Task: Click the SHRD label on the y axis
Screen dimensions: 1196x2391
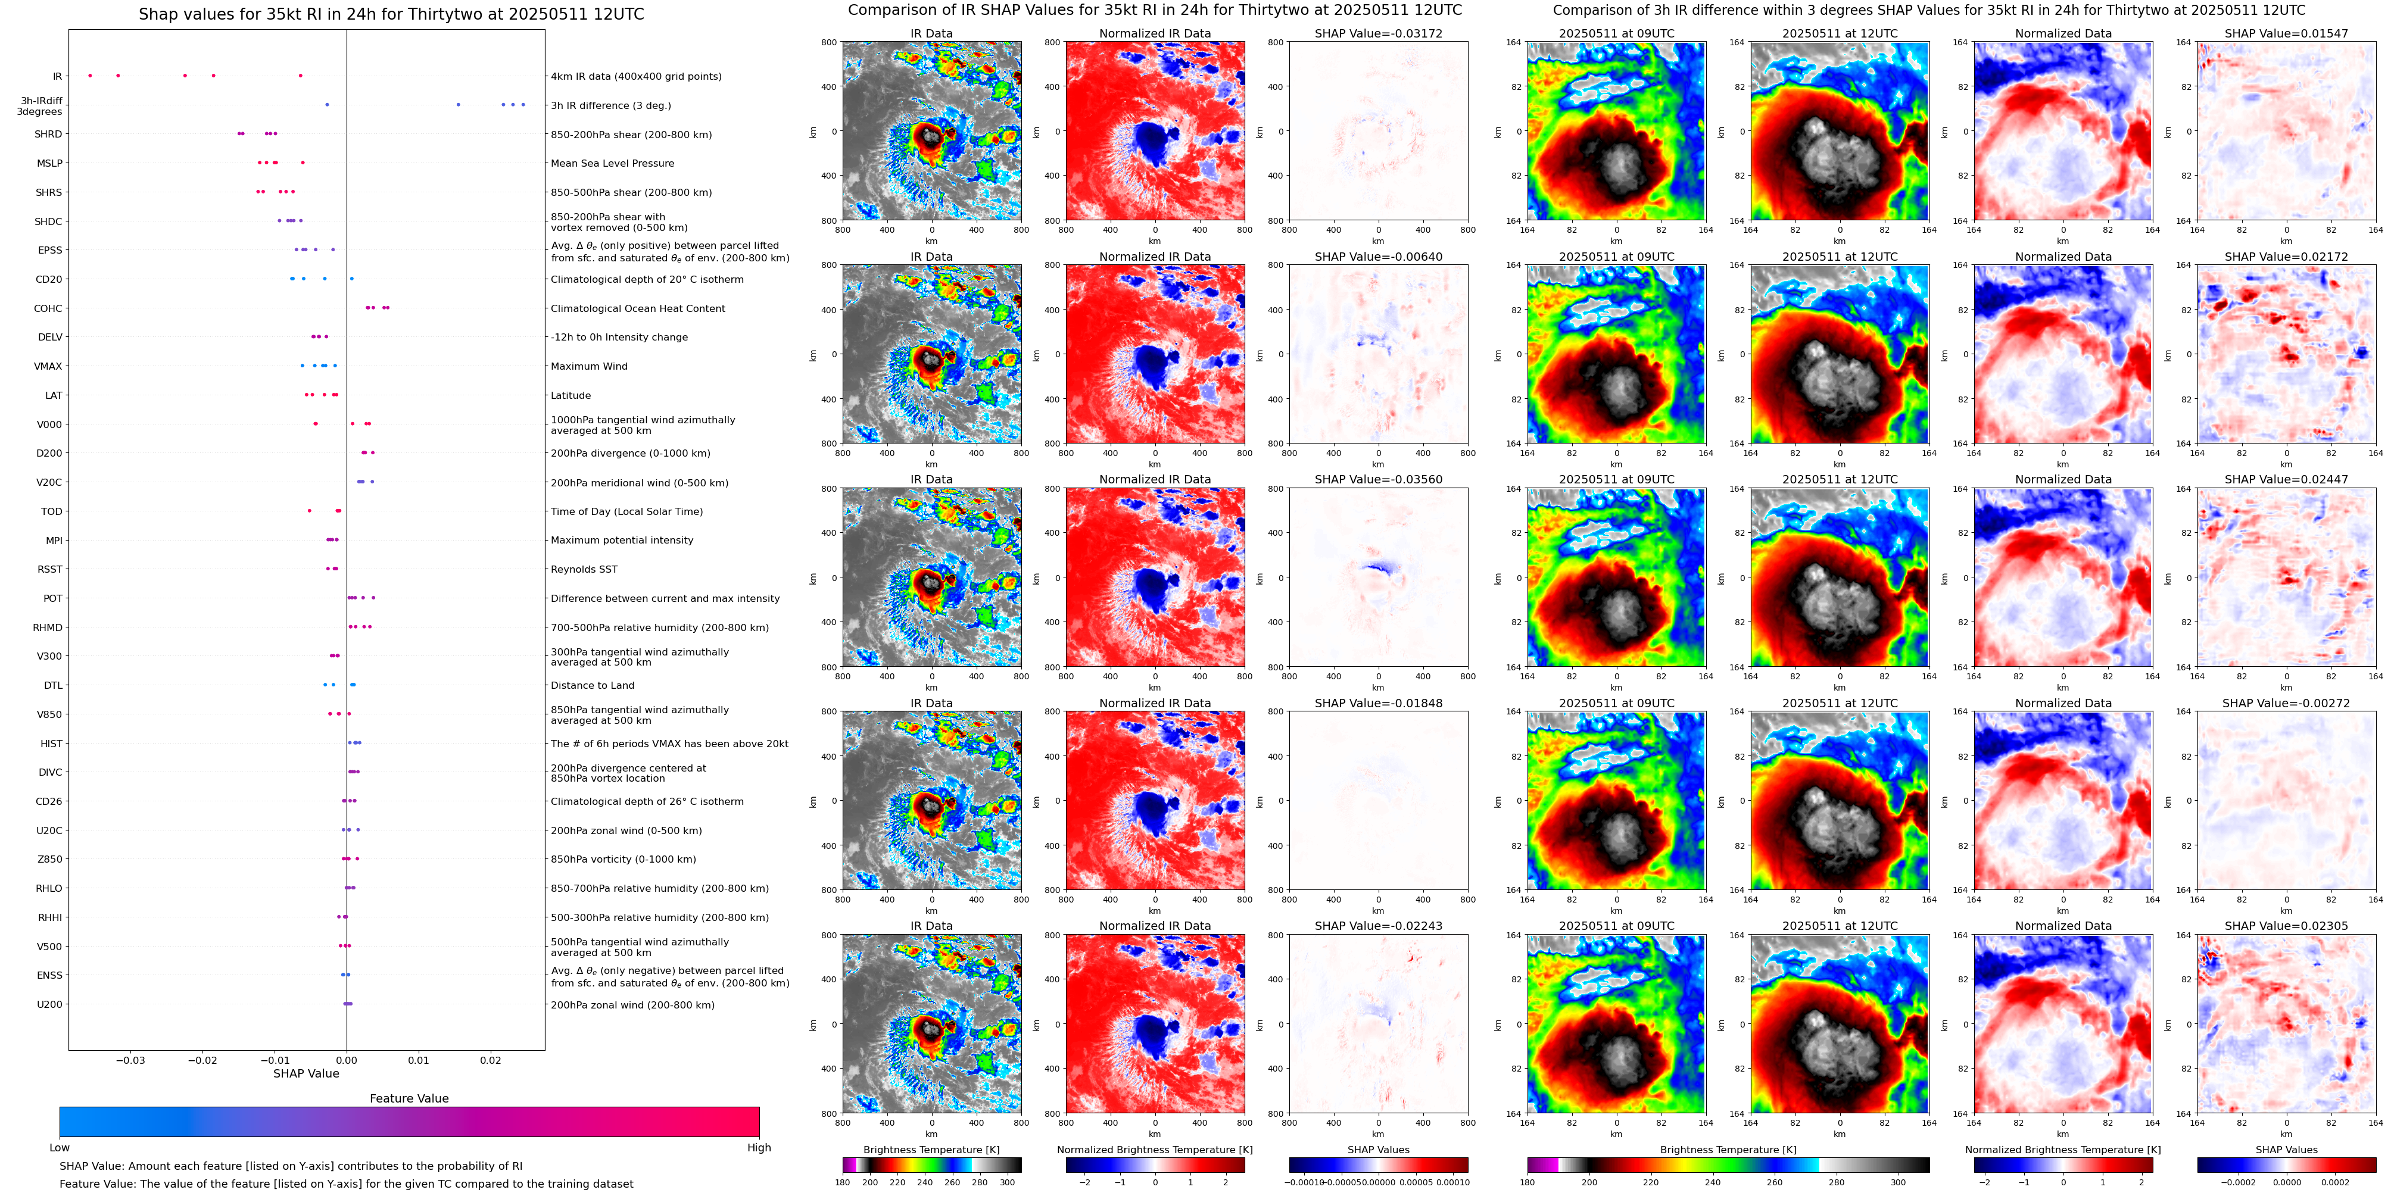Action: (48, 135)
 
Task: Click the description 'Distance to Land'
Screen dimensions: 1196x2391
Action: (592, 686)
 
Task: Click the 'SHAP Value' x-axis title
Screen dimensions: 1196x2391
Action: (306, 1073)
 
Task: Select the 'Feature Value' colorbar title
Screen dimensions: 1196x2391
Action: (409, 1098)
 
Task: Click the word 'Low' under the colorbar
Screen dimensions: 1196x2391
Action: (60, 1148)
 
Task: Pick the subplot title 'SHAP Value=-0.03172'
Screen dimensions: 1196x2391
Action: (1379, 33)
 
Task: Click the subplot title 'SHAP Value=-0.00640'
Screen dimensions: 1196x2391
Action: (1379, 257)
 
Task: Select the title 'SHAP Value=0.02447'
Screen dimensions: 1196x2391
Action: (2286, 480)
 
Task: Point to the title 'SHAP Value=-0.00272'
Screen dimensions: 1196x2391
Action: (2286, 703)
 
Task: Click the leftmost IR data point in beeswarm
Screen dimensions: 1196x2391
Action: (89, 75)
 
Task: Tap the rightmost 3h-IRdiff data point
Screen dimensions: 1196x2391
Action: (523, 105)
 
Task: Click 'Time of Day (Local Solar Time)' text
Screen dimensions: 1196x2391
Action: (626, 512)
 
